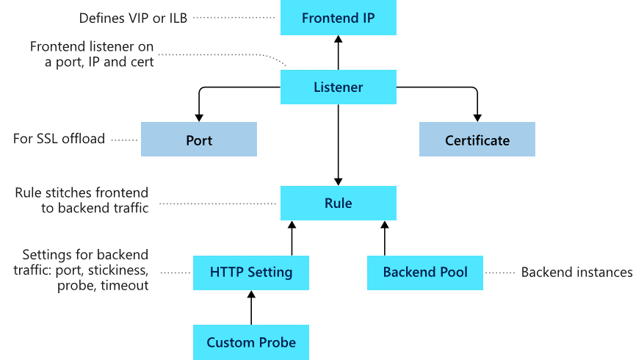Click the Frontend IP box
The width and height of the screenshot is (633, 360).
click(x=338, y=18)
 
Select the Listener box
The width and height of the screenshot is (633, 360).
click(x=338, y=87)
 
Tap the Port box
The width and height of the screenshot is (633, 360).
click(x=199, y=140)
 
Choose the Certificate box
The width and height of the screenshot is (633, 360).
click(x=477, y=140)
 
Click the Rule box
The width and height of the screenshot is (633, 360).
click(x=338, y=204)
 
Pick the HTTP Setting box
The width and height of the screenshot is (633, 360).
click(x=251, y=273)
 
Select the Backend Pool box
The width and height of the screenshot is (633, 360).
click(x=425, y=273)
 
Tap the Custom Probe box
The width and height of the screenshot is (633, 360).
click(x=251, y=342)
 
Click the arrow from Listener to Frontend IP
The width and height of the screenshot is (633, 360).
click(x=339, y=53)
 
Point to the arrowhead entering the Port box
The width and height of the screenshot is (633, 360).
click(x=199, y=117)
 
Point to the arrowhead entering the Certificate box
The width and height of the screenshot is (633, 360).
click(x=477, y=117)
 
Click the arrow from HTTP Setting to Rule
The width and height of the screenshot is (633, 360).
click(x=292, y=238)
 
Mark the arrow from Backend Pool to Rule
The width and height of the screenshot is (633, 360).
click(x=384, y=238)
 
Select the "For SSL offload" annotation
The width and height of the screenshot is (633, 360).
click(x=59, y=139)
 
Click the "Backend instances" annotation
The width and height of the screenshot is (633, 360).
click(x=576, y=273)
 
